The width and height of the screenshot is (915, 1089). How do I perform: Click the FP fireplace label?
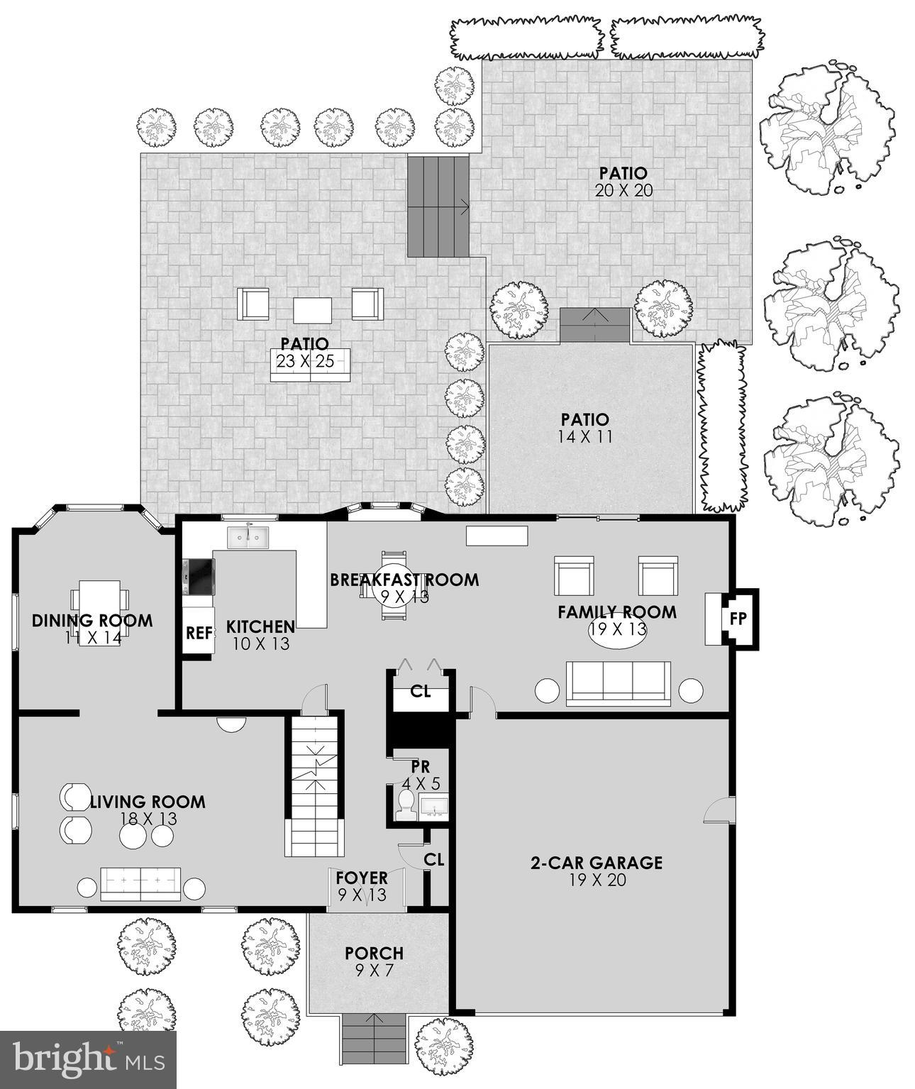[738, 618]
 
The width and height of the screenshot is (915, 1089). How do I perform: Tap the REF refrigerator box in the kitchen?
[199, 633]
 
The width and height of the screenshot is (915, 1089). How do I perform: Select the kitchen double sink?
[248, 537]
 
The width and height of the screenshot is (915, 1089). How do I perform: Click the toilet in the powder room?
[406, 804]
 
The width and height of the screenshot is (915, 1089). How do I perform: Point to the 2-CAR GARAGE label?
[597, 863]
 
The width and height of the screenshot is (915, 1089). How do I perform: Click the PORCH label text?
[374, 953]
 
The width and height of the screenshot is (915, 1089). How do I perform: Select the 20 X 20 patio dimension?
[623, 190]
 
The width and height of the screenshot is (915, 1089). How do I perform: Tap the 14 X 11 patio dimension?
[584, 437]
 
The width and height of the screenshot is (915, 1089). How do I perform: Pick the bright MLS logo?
[88, 1060]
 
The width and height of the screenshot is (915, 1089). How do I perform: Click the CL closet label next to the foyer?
[434, 859]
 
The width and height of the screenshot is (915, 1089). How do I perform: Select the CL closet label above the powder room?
[421, 691]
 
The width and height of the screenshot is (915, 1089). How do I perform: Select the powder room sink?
[433, 806]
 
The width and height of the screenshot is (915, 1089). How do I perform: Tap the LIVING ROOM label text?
[148, 802]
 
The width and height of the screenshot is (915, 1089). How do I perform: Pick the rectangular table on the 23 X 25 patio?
[313, 309]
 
